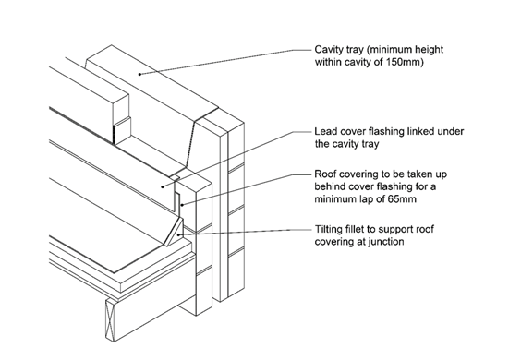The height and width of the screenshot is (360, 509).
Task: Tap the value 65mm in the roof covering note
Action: coord(402,198)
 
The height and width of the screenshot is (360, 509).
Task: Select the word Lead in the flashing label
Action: coord(326,131)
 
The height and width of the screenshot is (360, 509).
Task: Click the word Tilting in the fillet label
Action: coord(329,229)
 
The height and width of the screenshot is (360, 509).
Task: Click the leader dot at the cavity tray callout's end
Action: coord(139,74)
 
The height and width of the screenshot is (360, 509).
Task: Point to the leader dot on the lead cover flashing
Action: coord(163,186)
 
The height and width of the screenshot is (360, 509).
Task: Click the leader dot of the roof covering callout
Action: coord(183,205)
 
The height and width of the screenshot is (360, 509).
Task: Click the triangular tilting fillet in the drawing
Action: coord(175,233)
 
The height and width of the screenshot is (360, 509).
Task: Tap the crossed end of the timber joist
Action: coord(110,319)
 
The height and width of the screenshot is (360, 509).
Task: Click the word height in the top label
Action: coord(429,50)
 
